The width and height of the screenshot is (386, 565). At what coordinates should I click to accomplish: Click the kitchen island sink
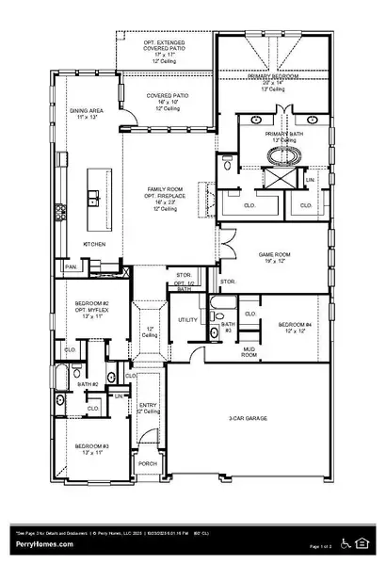click(x=95, y=198)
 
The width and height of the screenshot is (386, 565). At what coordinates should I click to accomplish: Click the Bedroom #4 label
click(x=295, y=327)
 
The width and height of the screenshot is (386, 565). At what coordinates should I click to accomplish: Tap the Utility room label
click(x=187, y=320)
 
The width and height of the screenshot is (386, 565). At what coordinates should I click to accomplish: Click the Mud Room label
click(x=249, y=351)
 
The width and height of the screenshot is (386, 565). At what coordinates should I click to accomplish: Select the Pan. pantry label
click(x=71, y=266)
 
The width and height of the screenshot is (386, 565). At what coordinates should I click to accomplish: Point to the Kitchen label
click(x=93, y=244)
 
